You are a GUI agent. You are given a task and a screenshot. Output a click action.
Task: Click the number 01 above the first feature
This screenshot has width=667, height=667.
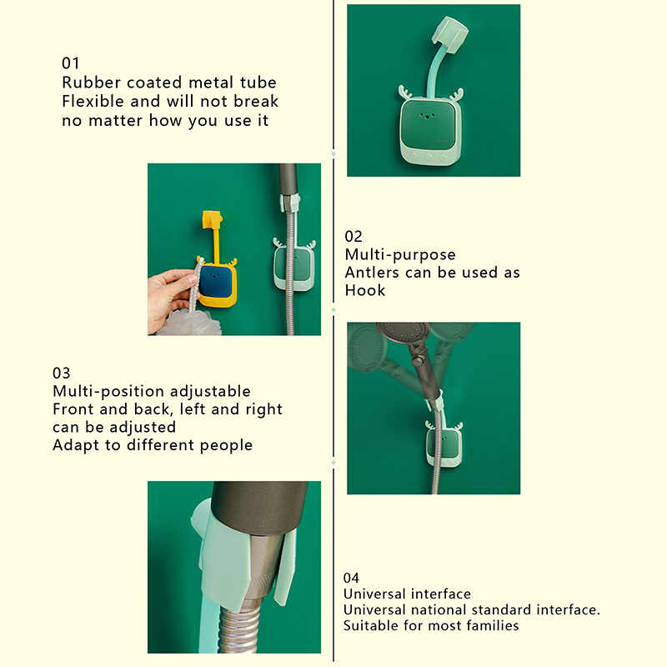70,63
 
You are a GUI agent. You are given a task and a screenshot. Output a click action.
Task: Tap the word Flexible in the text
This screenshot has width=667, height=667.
93,101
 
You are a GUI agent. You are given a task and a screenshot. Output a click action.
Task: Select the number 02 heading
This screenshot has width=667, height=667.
354,236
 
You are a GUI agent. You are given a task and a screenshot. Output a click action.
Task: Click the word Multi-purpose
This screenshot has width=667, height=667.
400,254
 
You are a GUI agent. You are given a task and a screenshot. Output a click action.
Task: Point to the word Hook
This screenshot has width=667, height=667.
365,290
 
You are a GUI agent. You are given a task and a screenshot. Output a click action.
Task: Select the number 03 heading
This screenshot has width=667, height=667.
61,373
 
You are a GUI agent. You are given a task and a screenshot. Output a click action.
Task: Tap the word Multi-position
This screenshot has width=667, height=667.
108,391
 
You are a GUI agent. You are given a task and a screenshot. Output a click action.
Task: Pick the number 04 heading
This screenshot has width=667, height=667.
351,578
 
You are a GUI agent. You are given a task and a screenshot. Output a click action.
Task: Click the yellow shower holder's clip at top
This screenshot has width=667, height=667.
213,220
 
